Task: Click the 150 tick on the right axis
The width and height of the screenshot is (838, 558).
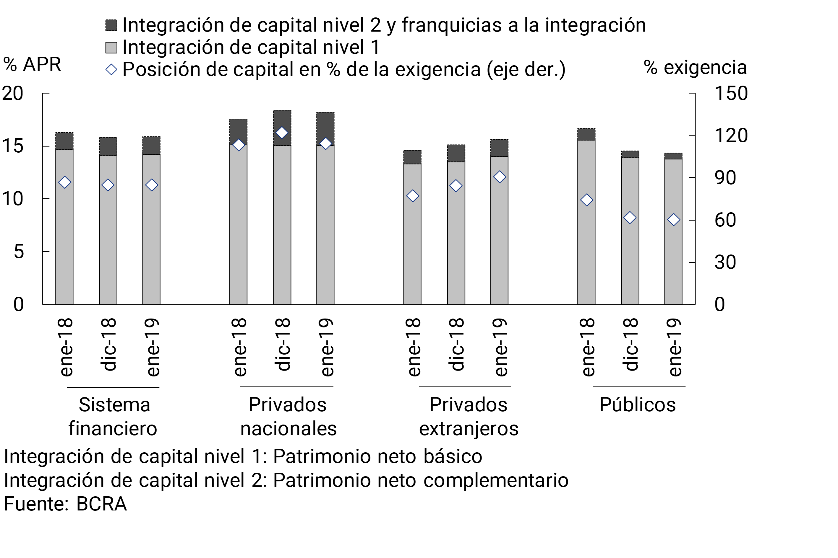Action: [731, 94]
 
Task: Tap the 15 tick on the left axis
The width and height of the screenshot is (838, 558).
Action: [13, 146]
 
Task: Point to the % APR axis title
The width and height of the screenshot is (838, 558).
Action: [32, 65]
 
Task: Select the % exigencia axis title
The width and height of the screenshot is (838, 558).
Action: [695, 67]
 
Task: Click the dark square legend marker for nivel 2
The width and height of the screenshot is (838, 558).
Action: [111, 25]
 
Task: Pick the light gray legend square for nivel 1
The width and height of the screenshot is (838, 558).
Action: [111, 47]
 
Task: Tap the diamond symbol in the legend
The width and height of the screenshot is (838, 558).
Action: [111, 69]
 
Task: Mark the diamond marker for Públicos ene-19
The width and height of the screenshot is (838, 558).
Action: [673, 220]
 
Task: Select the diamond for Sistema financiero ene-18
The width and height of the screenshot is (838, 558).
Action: [64, 182]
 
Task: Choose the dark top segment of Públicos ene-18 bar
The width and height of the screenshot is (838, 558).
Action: [586, 134]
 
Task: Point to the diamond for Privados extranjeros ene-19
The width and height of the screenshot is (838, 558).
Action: [500, 177]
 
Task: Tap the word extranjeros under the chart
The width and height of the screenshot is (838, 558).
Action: [469, 429]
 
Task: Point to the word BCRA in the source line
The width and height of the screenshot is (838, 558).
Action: [102, 504]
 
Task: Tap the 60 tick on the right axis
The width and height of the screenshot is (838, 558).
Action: [725, 220]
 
